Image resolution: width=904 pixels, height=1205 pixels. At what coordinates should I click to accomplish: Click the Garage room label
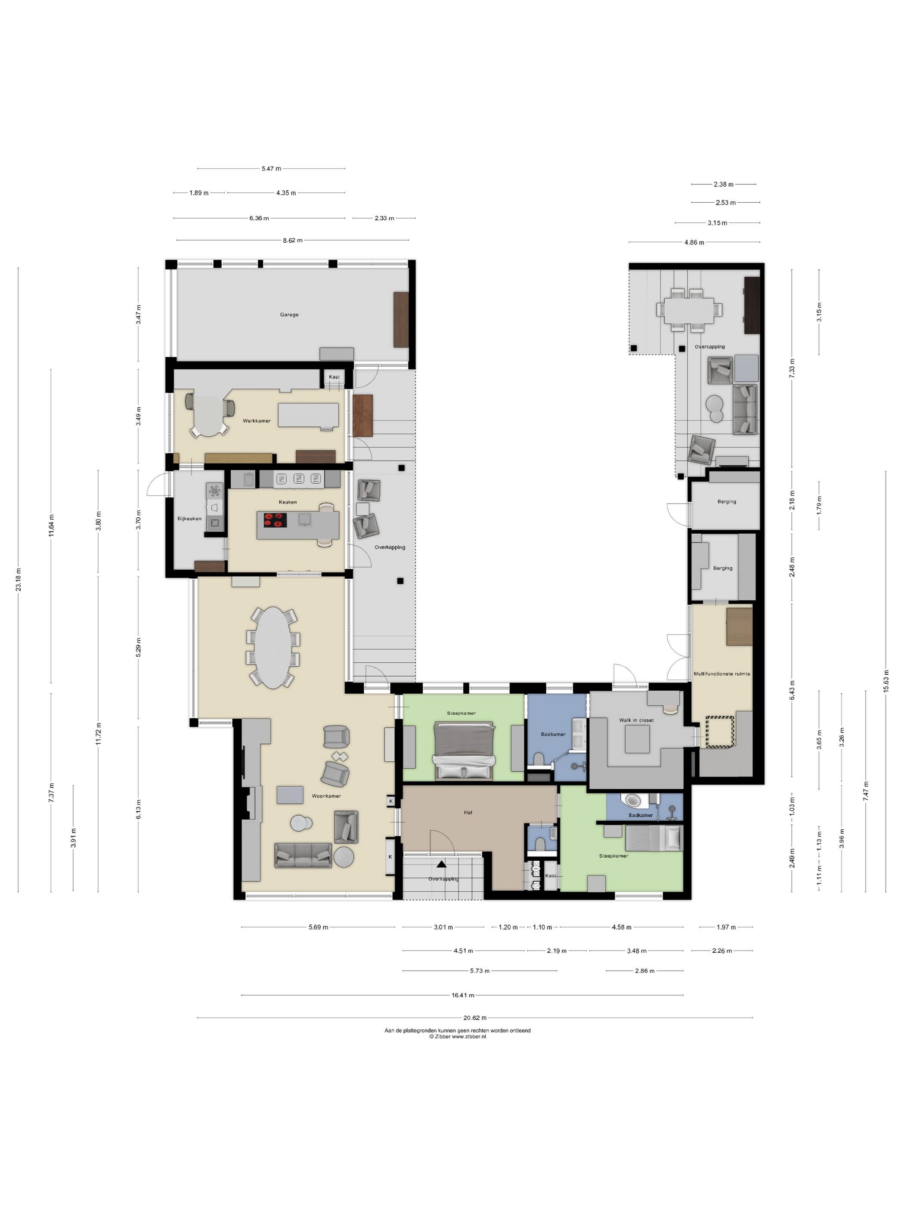pos(289,314)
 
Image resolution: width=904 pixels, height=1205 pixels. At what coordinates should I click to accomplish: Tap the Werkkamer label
pos(257,420)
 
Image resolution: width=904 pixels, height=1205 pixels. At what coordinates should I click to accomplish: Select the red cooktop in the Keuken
pos(275,520)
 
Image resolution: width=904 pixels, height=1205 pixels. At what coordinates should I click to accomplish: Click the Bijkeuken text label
pos(189,519)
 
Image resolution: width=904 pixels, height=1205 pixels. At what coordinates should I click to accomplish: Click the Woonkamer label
pos(326,796)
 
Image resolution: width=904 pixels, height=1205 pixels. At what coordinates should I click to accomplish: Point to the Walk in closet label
pos(636,720)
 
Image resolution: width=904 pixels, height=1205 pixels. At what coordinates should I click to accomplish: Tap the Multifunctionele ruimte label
pos(721,674)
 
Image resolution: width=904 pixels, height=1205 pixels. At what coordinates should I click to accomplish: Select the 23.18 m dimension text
pos(19,580)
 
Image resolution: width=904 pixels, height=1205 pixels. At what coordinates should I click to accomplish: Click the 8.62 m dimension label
pos(293,240)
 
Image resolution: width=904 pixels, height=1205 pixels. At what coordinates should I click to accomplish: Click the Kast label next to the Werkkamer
pos(334,377)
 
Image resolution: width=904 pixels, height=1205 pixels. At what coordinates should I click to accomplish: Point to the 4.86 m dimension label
pos(694,242)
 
